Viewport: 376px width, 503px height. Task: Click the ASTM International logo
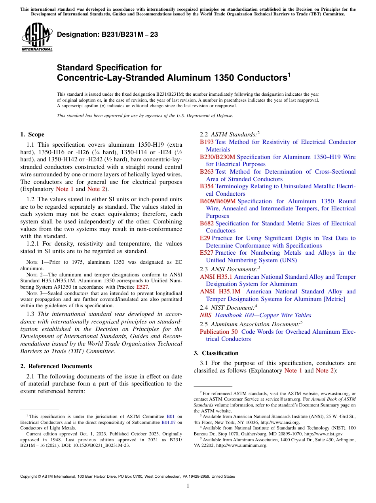click(x=37, y=37)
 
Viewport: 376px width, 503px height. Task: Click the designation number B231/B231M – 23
click(x=107, y=35)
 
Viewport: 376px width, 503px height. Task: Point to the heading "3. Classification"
click(x=216, y=353)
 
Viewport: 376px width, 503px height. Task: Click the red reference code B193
click(x=207, y=142)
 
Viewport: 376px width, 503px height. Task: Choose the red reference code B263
click(x=207, y=172)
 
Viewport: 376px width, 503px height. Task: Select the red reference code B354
click(x=207, y=186)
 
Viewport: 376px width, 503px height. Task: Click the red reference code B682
click(x=207, y=223)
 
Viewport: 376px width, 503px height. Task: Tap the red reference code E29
click(x=205, y=238)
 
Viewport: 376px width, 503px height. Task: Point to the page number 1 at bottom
click(x=188, y=486)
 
